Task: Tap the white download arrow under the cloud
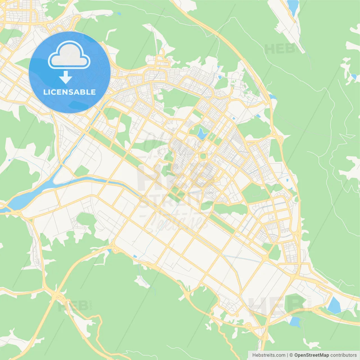(66, 77)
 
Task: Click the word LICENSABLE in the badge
(69, 92)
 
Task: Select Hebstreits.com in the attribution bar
(269, 355)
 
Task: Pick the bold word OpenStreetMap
(311, 355)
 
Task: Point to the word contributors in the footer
(343, 355)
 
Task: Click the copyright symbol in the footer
(291, 355)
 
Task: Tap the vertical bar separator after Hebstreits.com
(287, 355)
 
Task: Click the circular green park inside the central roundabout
(203, 156)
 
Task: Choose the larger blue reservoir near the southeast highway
(334, 305)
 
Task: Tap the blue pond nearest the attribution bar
(295, 322)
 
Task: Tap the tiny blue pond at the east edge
(354, 76)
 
